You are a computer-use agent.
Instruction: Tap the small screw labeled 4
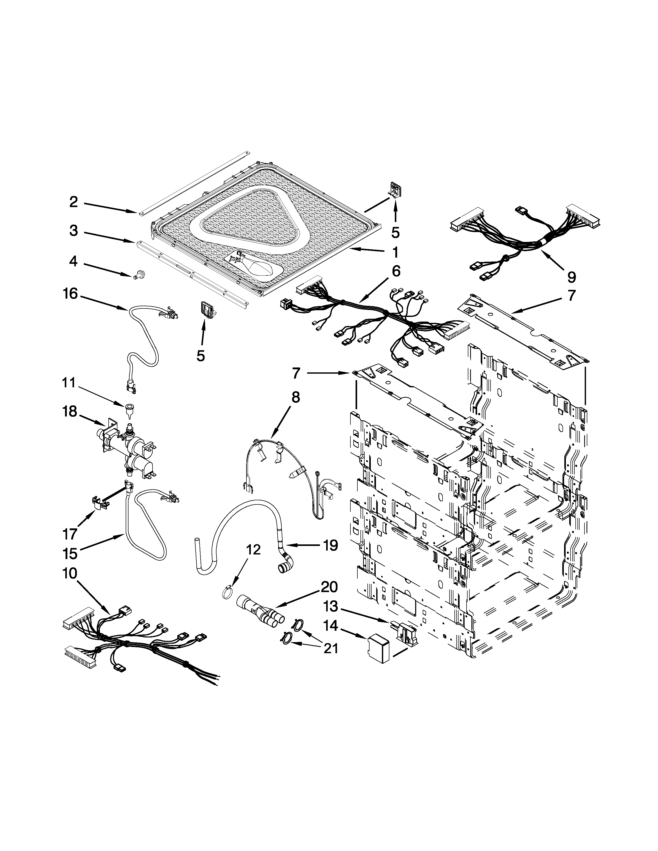point(137,275)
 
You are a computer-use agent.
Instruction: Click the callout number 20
point(330,587)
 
